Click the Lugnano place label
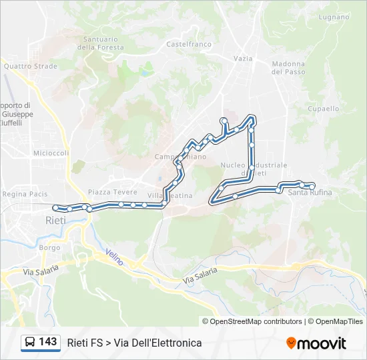[334, 17]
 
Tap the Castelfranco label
[189, 45]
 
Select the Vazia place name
[243, 59]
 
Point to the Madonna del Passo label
[288, 68]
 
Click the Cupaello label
[324, 109]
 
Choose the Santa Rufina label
[310, 193]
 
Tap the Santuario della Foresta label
[101, 43]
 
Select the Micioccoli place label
[51, 153]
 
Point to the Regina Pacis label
[25, 194]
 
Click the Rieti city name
[56, 219]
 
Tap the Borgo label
[50, 247]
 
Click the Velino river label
[115, 257]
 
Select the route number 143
[48, 342]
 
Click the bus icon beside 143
[30, 343]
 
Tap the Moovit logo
[316, 343]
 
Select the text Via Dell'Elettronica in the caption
[157, 343]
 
